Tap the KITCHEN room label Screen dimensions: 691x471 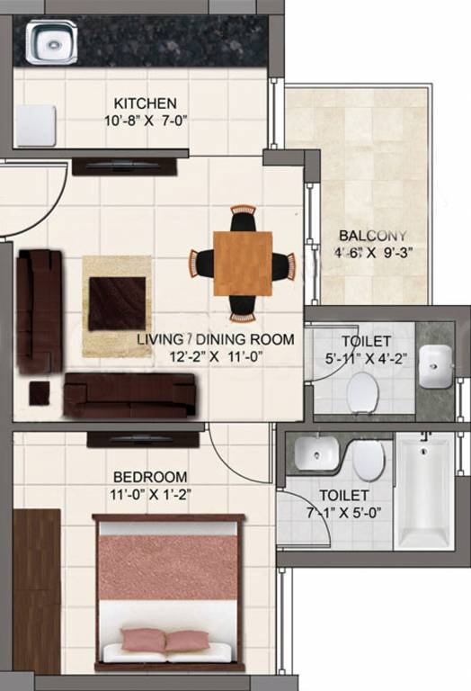pos(144,103)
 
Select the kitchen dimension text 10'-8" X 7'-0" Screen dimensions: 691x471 pos(144,121)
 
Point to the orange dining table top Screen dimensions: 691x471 pos(243,264)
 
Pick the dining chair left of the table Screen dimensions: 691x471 pos(201,264)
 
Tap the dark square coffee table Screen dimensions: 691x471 pos(117,303)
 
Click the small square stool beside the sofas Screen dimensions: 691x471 pos(40,393)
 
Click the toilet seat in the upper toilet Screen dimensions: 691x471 pos(362,390)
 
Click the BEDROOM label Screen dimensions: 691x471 pos(150,476)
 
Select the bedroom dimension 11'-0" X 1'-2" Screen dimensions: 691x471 pos(150,493)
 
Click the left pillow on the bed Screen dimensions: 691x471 pos(143,640)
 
